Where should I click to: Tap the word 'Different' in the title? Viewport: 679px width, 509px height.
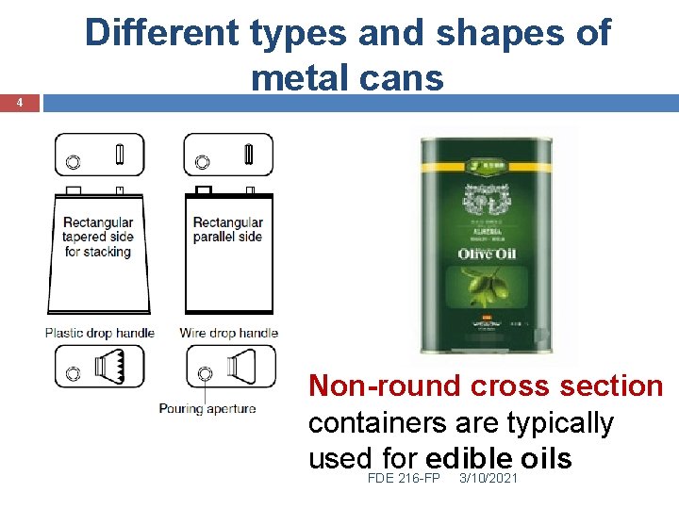pos(161,34)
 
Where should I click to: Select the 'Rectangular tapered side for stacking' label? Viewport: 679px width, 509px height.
pos(97,238)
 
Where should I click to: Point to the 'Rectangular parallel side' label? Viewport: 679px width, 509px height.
pos(227,230)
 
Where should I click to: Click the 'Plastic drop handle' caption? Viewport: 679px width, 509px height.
pos(99,333)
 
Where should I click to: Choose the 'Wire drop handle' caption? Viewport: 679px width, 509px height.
pos(228,333)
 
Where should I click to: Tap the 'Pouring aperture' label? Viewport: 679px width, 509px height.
pos(207,409)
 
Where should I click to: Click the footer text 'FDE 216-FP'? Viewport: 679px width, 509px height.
pos(403,479)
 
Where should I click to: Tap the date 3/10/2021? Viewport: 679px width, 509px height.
pos(488,479)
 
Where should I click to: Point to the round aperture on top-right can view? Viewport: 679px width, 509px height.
pos(202,162)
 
